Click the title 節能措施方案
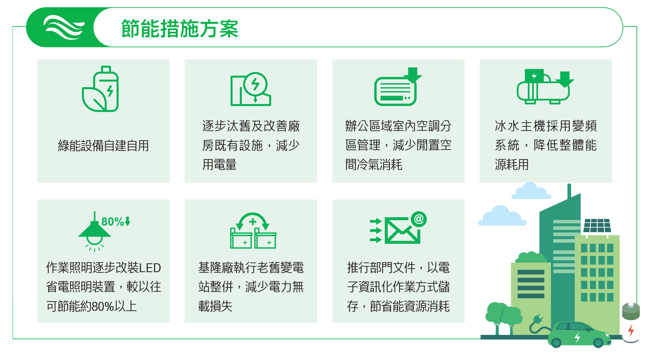click(x=180, y=28)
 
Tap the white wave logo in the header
click(x=64, y=27)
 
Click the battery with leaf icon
click(x=100, y=89)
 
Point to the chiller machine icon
click(x=545, y=87)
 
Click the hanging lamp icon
click(x=94, y=232)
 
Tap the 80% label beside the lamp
click(x=116, y=221)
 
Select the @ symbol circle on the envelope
click(x=419, y=219)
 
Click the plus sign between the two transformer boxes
click(x=253, y=222)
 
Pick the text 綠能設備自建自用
click(x=103, y=146)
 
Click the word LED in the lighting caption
click(x=150, y=268)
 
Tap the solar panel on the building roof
click(x=597, y=226)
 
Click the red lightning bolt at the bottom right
click(x=631, y=330)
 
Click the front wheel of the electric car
click(x=598, y=342)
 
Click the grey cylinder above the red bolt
click(x=631, y=311)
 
